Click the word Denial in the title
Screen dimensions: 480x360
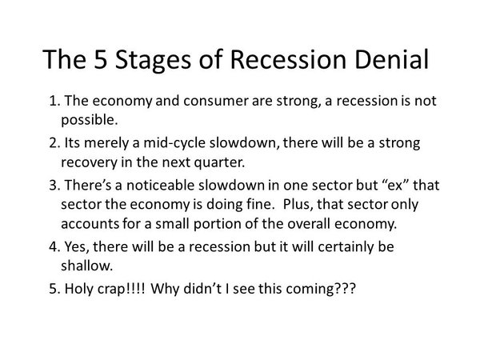[391, 59]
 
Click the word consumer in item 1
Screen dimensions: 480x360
[216, 102]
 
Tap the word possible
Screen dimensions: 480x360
[89, 121]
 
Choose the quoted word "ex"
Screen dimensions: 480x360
[395, 186]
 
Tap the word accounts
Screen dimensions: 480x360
[90, 224]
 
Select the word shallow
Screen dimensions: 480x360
[87, 266]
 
